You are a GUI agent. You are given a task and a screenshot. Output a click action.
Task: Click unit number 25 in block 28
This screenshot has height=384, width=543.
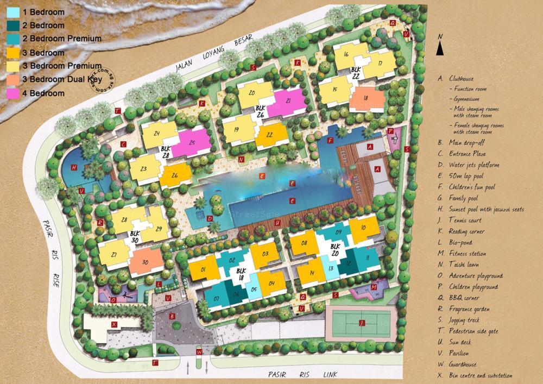(x=192, y=142)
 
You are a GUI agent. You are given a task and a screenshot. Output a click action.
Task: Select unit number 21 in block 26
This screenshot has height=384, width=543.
(x=288, y=101)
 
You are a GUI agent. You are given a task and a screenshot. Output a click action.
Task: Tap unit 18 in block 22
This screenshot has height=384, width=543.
(x=365, y=98)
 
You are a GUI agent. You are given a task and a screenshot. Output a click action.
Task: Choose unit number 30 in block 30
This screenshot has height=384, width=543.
(x=145, y=262)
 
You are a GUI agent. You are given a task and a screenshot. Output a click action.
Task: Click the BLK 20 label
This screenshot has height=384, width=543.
(x=336, y=249)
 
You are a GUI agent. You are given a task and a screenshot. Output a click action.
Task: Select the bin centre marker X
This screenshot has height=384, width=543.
(x=114, y=324)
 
